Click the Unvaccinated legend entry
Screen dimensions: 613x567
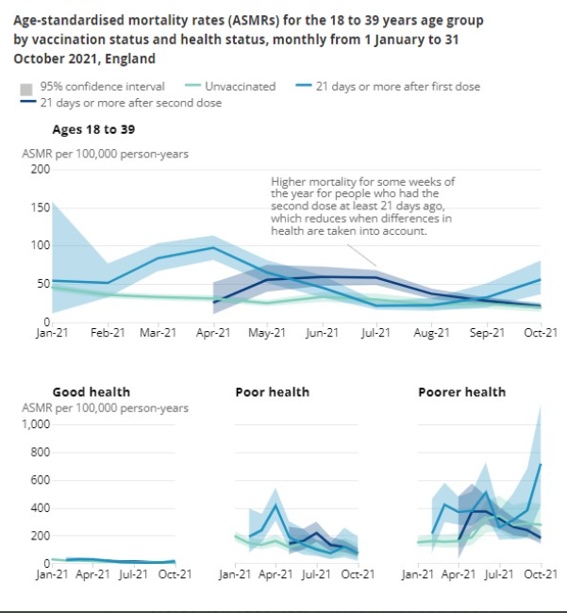pyautogui.click(x=241, y=86)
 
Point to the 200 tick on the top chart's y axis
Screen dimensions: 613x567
pyautogui.click(x=40, y=169)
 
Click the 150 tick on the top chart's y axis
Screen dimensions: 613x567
pyautogui.click(x=40, y=207)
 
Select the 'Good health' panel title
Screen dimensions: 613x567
pyautogui.click(x=91, y=391)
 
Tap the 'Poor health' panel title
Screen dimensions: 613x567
pyautogui.click(x=272, y=391)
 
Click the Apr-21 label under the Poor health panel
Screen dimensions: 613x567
pyautogui.click(x=275, y=574)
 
